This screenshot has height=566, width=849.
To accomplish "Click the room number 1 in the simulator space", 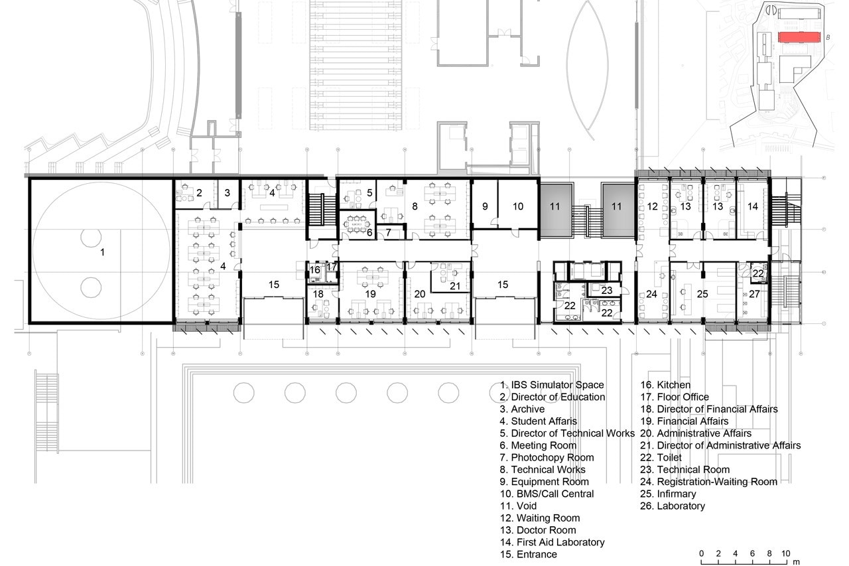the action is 102,252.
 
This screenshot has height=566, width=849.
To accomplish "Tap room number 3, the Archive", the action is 227,193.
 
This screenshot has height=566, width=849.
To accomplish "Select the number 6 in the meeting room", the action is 369,232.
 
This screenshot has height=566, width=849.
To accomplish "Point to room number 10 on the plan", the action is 518,206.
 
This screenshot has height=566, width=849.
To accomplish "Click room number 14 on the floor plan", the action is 752,206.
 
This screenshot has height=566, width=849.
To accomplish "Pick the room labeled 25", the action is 702,294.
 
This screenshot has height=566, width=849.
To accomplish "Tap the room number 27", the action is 754,294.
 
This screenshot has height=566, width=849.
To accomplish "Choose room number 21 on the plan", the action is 455,286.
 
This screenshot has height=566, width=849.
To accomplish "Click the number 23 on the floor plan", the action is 607,290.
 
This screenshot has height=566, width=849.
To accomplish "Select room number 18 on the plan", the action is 318,294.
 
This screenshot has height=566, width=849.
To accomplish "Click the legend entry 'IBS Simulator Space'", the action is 557,385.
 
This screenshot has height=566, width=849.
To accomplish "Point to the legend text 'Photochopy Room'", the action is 553,458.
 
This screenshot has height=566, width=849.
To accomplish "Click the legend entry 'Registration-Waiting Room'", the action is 717,482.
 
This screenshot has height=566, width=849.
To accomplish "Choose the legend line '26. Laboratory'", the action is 673,506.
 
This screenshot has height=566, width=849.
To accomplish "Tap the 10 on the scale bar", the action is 785,553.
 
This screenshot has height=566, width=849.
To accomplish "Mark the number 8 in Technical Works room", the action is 415,206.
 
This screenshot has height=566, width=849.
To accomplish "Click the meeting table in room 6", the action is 356,224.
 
